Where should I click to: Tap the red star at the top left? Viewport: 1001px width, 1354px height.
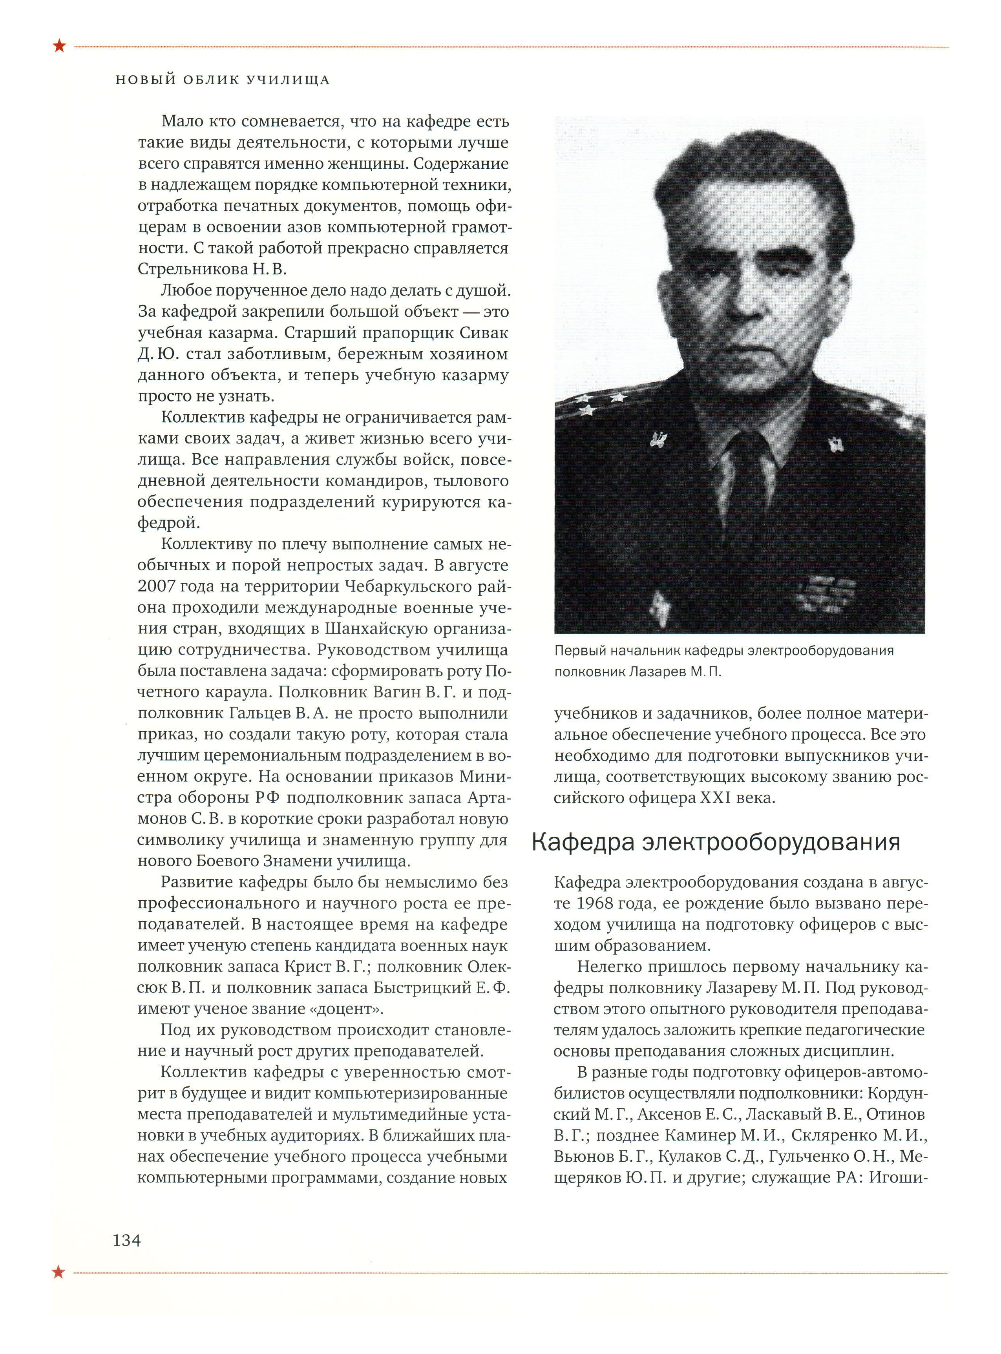59,46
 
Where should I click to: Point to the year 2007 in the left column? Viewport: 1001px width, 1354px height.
156,586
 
